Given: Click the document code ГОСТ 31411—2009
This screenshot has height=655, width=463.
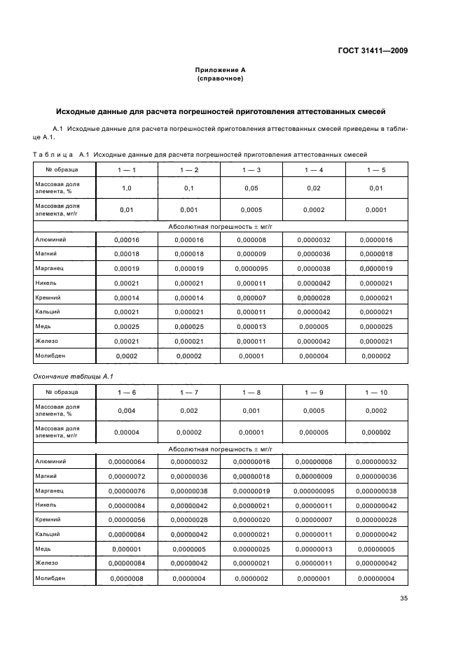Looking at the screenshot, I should pyautogui.click(x=373, y=50).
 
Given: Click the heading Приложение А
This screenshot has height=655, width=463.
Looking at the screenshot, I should pyautogui.click(x=220, y=71).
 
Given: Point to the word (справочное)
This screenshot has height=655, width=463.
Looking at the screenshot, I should pyautogui.click(x=220, y=79).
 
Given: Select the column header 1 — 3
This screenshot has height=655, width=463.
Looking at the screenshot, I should pyautogui.click(x=252, y=170).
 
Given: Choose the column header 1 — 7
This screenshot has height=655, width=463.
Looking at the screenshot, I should pyautogui.click(x=189, y=393).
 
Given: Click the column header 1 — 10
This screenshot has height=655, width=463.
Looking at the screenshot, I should pyautogui.click(x=376, y=393).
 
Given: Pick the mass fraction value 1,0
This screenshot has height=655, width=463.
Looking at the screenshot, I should pyautogui.click(x=127, y=189).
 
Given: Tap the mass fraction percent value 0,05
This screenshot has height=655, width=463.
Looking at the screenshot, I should pyautogui.click(x=252, y=189).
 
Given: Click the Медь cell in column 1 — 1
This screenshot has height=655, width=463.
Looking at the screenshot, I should pyautogui.click(x=127, y=327).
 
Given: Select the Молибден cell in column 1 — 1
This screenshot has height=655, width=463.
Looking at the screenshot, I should pyautogui.click(x=127, y=356).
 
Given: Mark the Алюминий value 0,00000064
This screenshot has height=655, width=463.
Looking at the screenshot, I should pyautogui.click(x=127, y=462).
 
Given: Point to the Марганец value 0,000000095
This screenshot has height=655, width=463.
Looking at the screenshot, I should pyautogui.click(x=315, y=491).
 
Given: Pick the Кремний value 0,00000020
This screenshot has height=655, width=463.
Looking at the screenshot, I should pyautogui.click(x=252, y=520).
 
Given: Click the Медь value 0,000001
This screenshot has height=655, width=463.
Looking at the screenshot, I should pyautogui.click(x=127, y=549).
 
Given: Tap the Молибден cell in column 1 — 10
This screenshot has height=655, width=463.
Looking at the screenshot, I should pyautogui.click(x=376, y=578).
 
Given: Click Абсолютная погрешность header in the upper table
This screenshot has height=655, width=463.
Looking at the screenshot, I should pyautogui.click(x=220, y=227).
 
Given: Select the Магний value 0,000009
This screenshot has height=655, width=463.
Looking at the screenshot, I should pyautogui.click(x=252, y=254).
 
